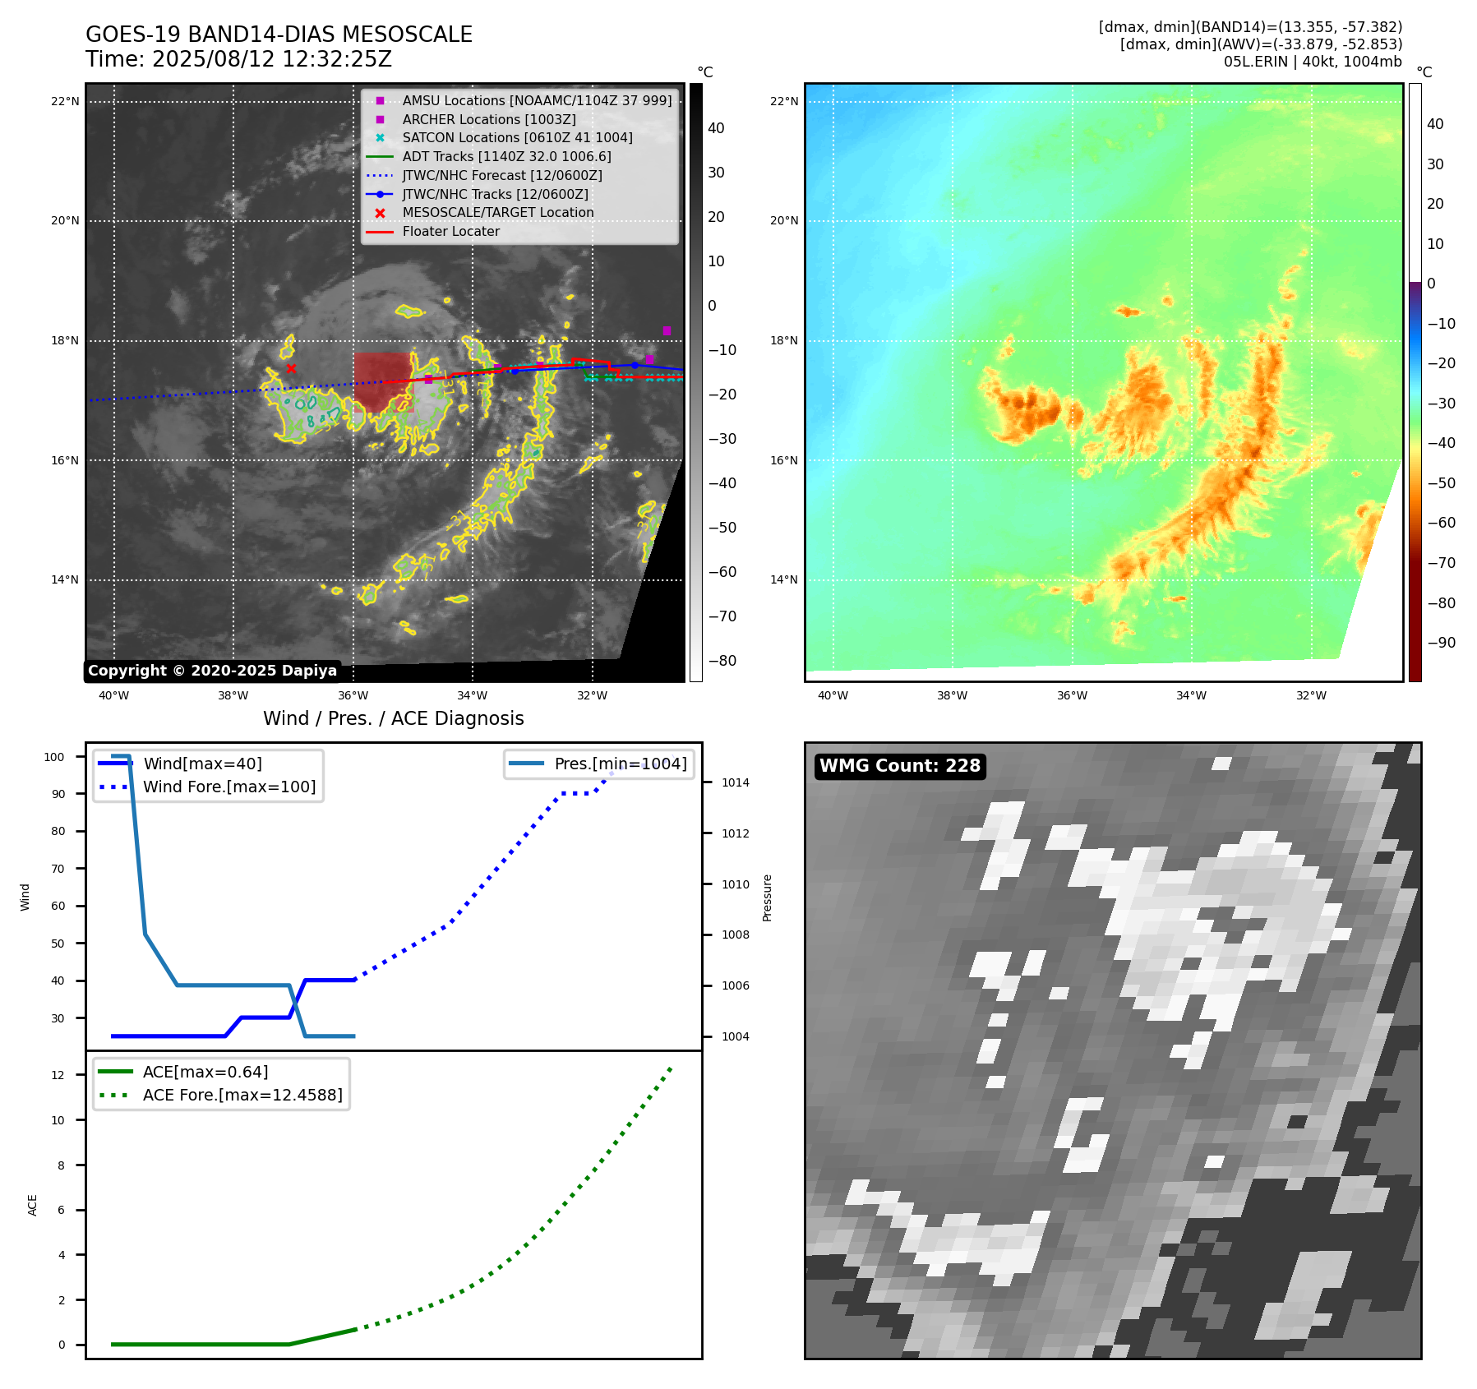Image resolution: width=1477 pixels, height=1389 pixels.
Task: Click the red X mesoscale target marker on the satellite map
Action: coord(291,368)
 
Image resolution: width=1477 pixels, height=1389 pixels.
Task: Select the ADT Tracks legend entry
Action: coord(506,156)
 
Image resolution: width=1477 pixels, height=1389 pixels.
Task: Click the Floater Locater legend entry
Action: coord(450,231)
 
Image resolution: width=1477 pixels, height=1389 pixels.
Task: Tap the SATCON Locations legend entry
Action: coord(517,137)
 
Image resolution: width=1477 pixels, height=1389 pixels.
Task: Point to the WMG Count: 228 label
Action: coord(900,766)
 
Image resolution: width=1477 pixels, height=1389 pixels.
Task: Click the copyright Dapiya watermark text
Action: coord(212,671)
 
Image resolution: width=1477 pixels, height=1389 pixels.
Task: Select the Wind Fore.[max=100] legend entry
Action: coord(229,787)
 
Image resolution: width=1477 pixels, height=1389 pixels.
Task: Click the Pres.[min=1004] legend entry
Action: coord(620,764)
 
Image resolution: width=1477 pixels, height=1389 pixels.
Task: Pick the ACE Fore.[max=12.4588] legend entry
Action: coord(242,1095)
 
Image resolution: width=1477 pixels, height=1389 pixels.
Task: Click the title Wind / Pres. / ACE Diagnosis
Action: coord(393,718)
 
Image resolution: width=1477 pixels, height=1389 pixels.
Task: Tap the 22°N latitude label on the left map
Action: coord(65,102)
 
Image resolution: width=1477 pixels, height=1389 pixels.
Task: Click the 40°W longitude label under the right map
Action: coord(833,695)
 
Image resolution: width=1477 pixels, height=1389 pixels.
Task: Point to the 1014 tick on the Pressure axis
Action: coord(735,782)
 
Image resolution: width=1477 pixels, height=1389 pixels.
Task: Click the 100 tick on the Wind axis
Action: coord(54,757)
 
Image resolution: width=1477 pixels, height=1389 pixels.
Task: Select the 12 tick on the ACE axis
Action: coord(58,1075)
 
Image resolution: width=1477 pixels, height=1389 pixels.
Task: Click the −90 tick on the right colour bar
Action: coord(1441,643)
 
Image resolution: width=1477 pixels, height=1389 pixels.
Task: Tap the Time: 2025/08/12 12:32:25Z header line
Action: coord(238,60)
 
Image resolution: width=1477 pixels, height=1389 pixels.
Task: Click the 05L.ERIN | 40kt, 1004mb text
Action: coord(1313,62)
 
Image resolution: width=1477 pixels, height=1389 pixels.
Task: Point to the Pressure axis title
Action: coord(767,898)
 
